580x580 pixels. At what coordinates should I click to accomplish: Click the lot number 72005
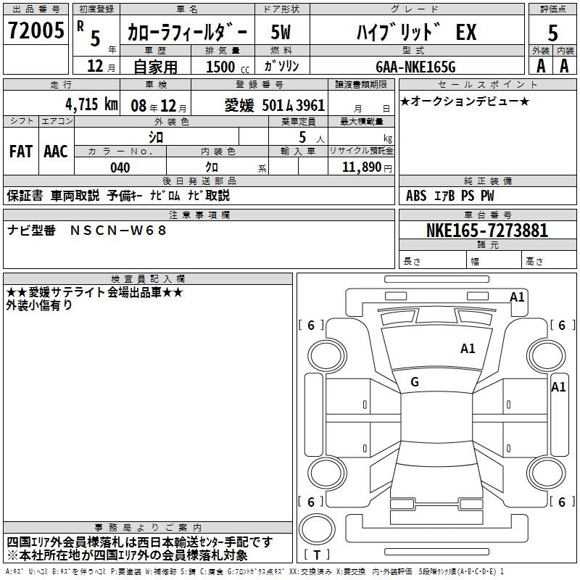click(36, 32)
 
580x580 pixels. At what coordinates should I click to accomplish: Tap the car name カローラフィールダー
click(187, 33)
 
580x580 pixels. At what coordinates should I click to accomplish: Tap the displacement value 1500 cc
click(220, 67)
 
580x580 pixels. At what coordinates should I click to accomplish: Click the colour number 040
click(120, 167)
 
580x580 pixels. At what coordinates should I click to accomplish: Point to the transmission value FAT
click(20, 151)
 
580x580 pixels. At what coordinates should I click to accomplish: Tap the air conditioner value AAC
click(55, 151)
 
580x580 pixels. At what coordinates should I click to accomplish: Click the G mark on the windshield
click(415, 382)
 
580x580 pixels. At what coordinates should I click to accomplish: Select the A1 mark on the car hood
click(468, 349)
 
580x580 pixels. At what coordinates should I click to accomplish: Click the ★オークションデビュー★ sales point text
click(465, 101)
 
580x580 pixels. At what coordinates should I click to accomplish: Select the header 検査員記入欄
click(148, 278)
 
